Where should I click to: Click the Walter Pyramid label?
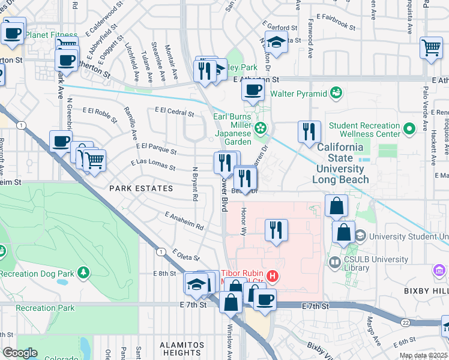point(298,94)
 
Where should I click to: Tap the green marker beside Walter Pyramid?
point(336,93)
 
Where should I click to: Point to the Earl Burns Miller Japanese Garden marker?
point(261,127)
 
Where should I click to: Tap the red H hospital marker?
point(273,277)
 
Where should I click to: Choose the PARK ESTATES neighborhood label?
point(141,188)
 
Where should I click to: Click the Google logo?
point(20,353)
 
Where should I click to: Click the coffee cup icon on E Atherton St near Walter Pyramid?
point(253,91)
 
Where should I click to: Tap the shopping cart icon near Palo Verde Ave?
point(432,47)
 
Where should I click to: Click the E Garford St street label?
point(282,28)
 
